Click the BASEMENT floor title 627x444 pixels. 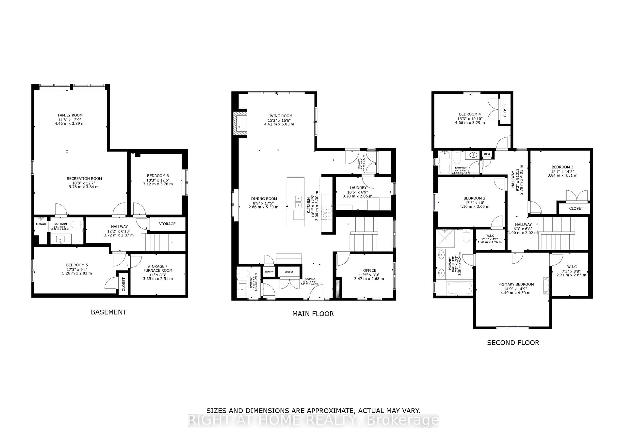click(x=109, y=312)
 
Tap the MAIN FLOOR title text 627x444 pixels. click(x=313, y=314)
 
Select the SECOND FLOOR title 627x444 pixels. click(x=513, y=343)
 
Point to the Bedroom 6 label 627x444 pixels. click(x=158, y=176)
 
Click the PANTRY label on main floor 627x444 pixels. click(x=269, y=272)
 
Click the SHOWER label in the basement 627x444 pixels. click(x=41, y=224)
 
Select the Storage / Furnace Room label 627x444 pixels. click(x=158, y=268)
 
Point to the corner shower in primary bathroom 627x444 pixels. click(x=445, y=239)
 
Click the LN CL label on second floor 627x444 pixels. click(x=487, y=154)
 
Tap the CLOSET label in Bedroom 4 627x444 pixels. click(x=505, y=110)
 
